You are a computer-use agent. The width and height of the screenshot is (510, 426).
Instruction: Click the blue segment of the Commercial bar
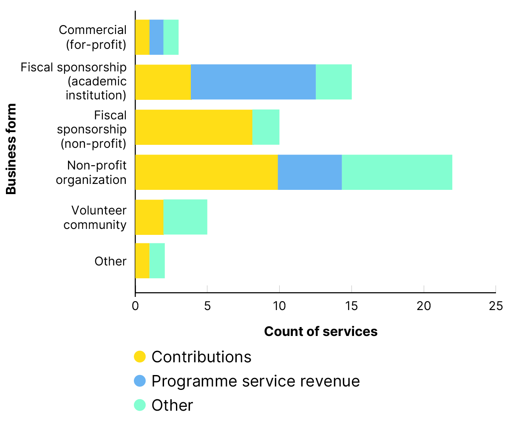156,37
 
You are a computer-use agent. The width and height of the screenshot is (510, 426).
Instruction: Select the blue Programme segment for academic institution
253,82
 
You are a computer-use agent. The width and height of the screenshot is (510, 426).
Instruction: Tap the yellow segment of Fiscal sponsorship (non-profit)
193,127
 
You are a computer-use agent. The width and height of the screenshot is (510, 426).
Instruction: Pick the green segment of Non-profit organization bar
397,172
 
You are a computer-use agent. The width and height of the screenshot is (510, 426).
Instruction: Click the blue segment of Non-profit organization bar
310,172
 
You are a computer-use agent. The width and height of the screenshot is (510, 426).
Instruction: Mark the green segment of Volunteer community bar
185,217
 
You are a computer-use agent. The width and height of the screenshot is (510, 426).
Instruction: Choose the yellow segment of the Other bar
142,260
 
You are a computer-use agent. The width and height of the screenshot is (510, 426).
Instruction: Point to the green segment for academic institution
334,82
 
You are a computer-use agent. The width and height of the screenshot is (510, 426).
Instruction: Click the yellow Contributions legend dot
140,357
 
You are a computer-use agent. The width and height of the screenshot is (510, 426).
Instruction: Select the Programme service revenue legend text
255,381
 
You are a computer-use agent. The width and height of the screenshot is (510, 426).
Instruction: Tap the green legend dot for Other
140,405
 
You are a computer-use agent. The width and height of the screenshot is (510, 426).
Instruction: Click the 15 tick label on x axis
351,306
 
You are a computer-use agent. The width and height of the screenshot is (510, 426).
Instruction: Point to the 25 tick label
496,306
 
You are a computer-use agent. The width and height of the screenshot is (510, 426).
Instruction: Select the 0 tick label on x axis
135,306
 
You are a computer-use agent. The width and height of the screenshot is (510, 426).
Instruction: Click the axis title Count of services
320,331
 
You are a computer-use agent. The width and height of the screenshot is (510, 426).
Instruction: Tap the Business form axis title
11,149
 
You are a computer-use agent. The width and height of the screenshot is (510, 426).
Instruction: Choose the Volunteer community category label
95,217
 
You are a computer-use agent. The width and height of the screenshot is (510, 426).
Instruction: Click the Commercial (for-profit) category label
93,37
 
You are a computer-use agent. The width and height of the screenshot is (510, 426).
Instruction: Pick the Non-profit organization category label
91,172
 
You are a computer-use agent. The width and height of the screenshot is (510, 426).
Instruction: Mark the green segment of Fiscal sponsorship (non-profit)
266,127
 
